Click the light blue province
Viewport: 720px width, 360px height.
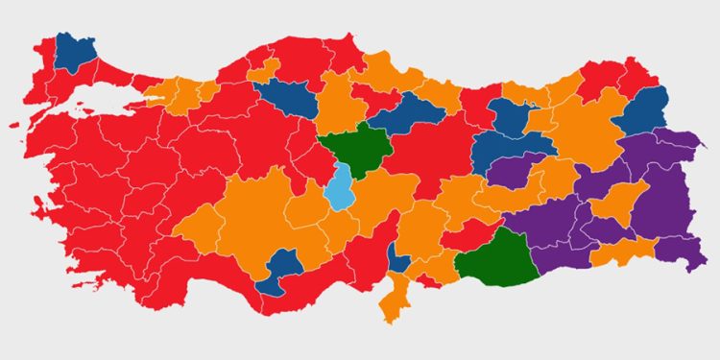coord(338,185)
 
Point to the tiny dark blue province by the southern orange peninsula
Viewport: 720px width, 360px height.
coord(397,257)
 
